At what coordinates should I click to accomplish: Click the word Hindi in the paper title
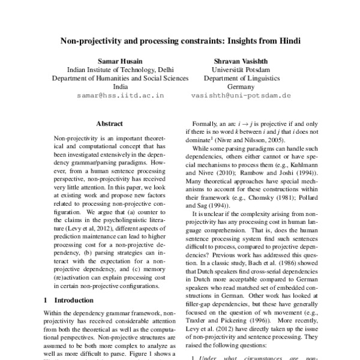pyautogui.click(x=284, y=42)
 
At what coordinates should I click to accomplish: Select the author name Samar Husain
pyautogui.click(x=120, y=61)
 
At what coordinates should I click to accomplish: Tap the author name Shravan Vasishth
pyautogui.click(x=241, y=61)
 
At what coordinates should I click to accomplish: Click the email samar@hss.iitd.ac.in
pyautogui.click(x=121, y=95)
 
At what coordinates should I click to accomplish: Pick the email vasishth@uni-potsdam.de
pyautogui.click(x=241, y=95)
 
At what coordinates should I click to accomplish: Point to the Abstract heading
pyautogui.click(x=109, y=124)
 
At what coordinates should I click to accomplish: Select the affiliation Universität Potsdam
pyautogui.click(x=241, y=70)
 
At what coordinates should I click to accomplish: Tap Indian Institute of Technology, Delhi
pyautogui.click(x=120, y=70)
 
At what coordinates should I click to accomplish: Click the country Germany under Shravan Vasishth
pyautogui.click(x=241, y=86)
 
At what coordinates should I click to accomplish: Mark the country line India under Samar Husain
pyautogui.click(x=120, y=86)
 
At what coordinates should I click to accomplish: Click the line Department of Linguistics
pyautogui.click(x=241, y=78)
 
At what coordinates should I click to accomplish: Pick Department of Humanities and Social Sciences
pyautogui.click(x=120, y=78)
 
